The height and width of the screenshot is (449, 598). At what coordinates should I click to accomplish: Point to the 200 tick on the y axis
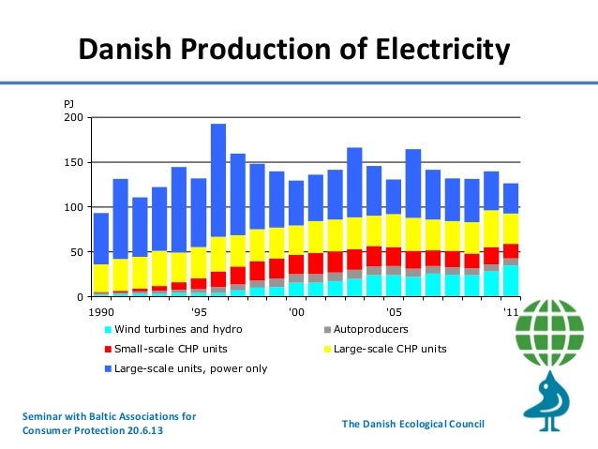[74, 118]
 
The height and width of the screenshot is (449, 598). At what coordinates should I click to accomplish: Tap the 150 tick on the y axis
[74, 163]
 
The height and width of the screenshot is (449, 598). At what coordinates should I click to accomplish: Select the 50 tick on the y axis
[77, 253]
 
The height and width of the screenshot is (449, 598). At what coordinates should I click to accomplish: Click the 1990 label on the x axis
[102, 312]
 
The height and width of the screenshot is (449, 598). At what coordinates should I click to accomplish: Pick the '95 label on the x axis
[199, 312]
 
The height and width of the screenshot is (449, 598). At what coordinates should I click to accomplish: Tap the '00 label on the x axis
[296, 312]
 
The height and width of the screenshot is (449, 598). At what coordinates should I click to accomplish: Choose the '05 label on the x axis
[394, 312]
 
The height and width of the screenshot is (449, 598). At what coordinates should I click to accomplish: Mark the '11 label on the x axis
[510, 312]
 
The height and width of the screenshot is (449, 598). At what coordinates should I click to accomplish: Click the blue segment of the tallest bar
[218, 178]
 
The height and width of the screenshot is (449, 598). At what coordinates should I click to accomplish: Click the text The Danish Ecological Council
[412, 425]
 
